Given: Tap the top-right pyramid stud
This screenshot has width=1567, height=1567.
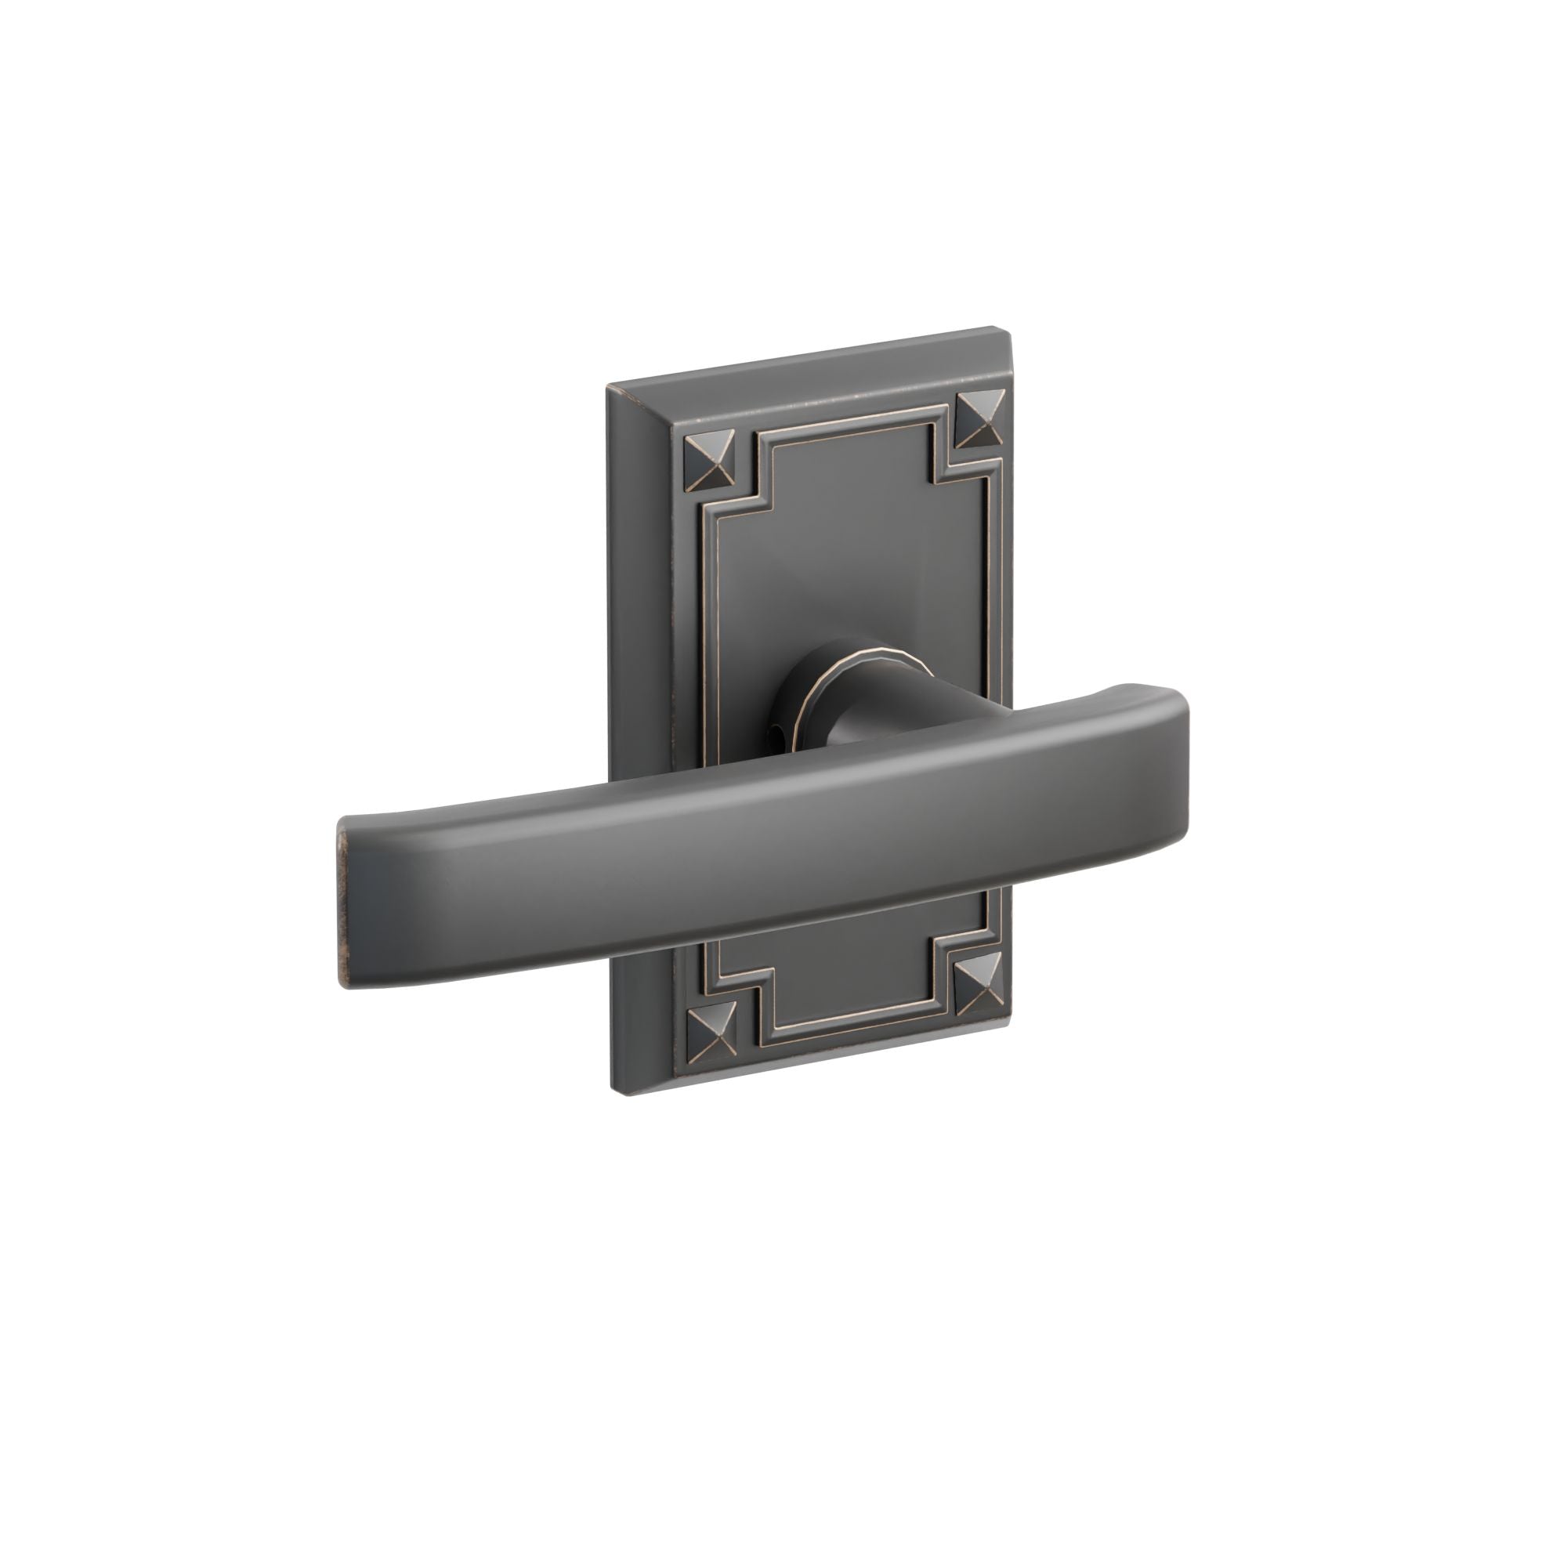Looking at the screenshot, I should (x=980, y=418).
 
